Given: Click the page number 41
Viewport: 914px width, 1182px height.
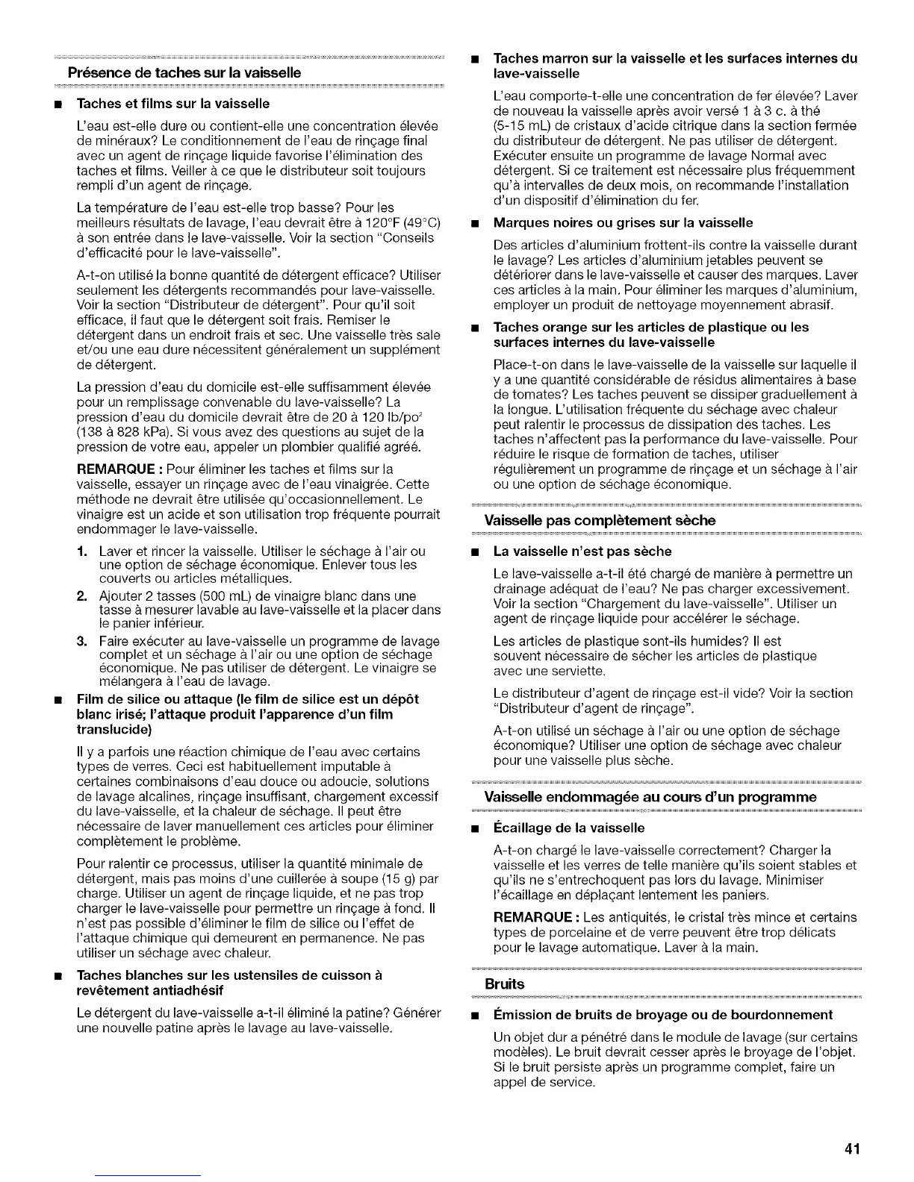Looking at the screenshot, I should [x=854, y=1148].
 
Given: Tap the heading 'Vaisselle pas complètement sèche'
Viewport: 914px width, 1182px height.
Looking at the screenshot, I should [x=600, y=519].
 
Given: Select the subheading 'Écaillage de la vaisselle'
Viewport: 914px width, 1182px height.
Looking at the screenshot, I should [x=569, y=828].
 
